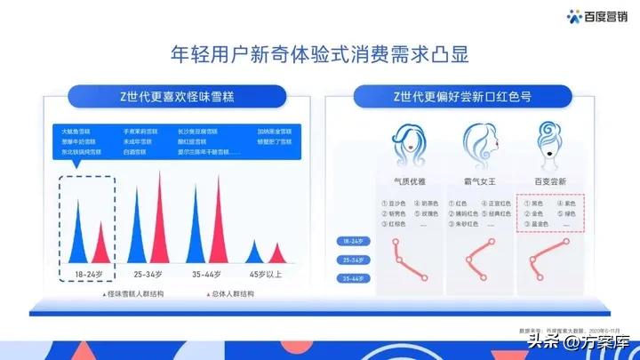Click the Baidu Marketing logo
(598, 15)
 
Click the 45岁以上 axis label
(266, 271)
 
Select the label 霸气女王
(477, 180)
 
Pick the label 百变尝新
(548, 180)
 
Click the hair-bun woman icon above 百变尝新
(545, 141)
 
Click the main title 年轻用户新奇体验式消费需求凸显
(319, 53)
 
